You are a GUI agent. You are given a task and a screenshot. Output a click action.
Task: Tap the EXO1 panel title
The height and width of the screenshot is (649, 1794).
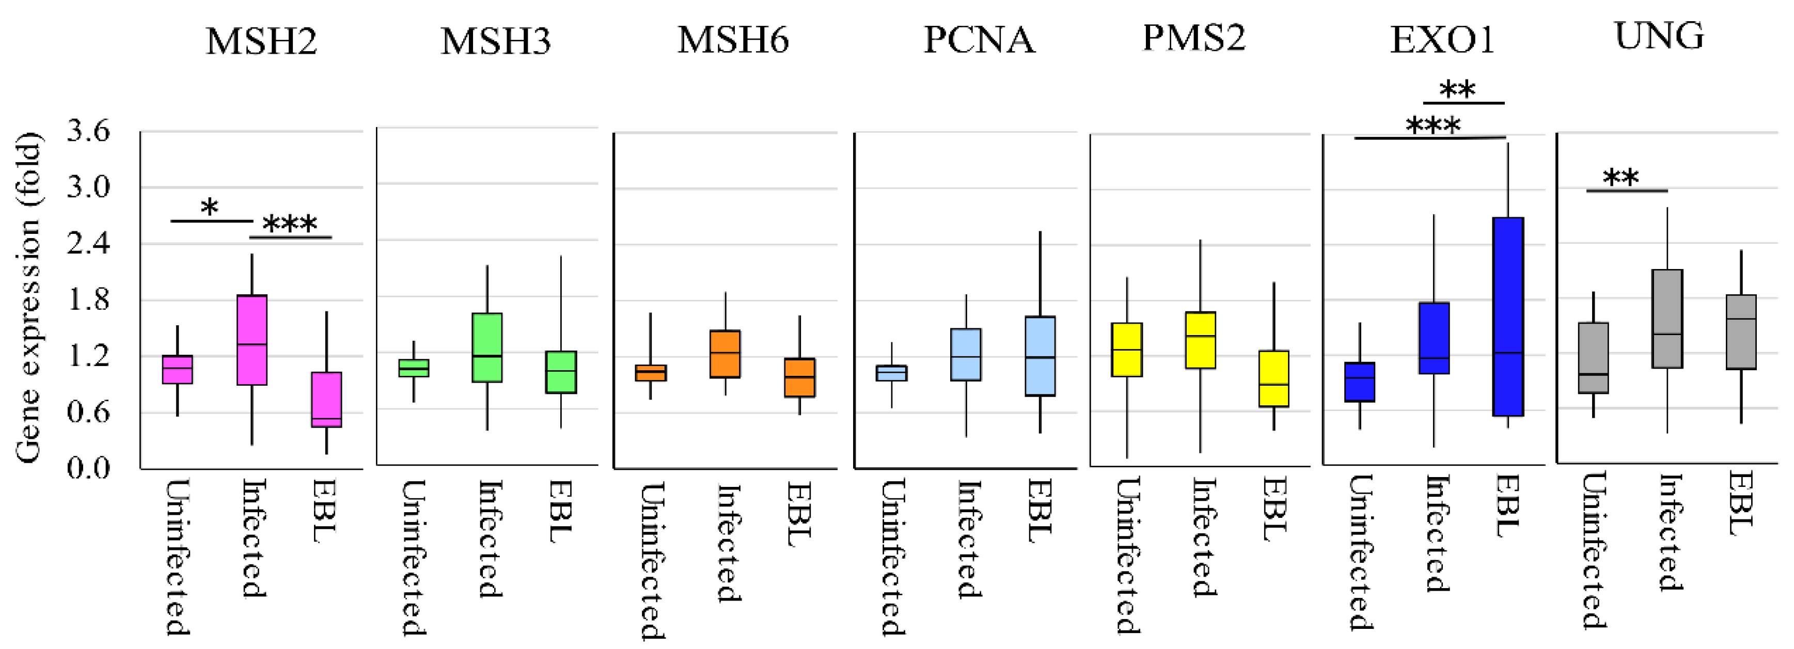point(1442,40)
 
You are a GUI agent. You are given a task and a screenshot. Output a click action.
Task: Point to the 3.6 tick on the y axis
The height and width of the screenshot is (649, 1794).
point(88,130)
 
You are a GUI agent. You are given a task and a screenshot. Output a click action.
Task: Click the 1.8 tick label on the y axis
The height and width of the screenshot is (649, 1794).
point(88,299)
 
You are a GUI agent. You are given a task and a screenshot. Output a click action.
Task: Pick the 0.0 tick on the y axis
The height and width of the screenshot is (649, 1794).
point(88,467)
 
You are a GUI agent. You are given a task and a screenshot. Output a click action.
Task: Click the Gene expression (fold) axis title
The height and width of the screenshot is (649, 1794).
point(29,297)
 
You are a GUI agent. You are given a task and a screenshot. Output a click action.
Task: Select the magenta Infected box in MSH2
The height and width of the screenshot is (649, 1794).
point(252,340)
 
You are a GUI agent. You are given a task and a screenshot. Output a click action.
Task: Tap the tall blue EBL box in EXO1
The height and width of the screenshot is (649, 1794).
point(1508,317)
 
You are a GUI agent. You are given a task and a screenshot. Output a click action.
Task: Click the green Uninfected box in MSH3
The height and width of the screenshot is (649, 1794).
point(414,368)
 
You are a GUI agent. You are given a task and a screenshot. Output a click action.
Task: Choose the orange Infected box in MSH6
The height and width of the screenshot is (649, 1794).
point(725,354)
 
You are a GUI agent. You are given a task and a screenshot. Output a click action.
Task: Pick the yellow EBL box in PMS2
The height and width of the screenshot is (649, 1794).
point(1274,378)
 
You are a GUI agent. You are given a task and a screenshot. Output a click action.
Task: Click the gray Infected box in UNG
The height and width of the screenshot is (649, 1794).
point(1667,318)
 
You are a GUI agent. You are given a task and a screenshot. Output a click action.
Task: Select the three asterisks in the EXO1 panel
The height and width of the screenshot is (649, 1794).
point(1433,126)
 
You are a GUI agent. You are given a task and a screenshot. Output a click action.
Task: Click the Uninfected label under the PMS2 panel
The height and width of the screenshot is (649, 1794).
point(1127,556)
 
